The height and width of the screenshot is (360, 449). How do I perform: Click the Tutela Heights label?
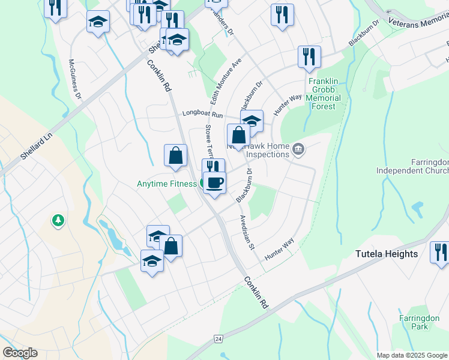(x=386, y=254)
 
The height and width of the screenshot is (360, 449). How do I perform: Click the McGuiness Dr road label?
(x=76, y=79)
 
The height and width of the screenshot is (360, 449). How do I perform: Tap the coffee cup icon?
(x=214, y=181)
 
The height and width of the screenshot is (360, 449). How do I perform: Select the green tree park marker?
(x=58, y=221)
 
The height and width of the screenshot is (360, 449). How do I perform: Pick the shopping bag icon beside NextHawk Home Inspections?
(x=238, y=134)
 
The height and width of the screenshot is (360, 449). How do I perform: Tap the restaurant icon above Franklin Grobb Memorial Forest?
(x=309, y=57)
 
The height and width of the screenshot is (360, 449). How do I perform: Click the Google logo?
(x=20, y=353)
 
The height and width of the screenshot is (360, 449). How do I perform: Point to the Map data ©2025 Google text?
(x=412, y=355)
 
